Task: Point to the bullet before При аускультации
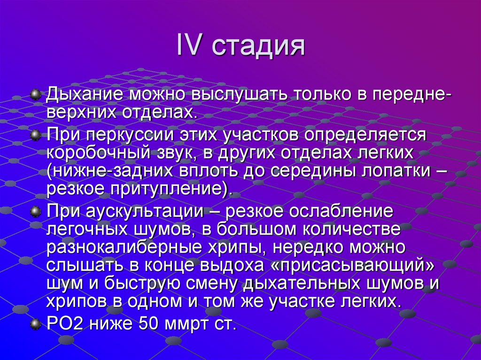coord(35,212)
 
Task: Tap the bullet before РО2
coord(35,324)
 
